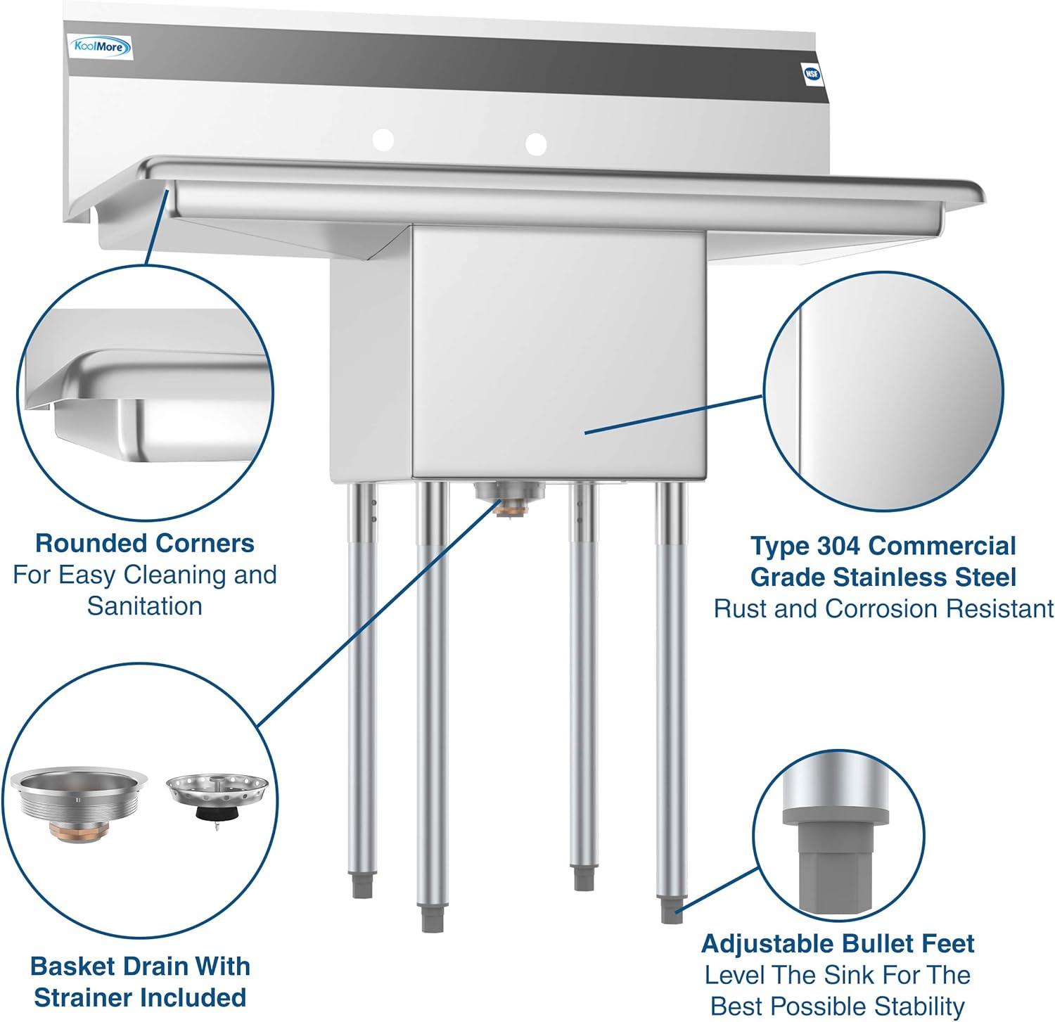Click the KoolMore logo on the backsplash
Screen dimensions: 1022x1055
click(x=103, y=47)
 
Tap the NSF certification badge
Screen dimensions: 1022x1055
click(x=812, y=72)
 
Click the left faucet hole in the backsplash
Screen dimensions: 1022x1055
click(x=383, y=140)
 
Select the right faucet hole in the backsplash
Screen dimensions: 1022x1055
click(x=535, y=144)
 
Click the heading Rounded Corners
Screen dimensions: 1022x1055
click(x=145, y=543)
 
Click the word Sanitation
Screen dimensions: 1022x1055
click(x=145, y=606)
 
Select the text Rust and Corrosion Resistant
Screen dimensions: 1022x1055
click(x=883, y=608)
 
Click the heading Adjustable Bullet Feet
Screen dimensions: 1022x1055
click(x=838, y=943)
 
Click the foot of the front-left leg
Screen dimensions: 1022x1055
click(x=428, y=919)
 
